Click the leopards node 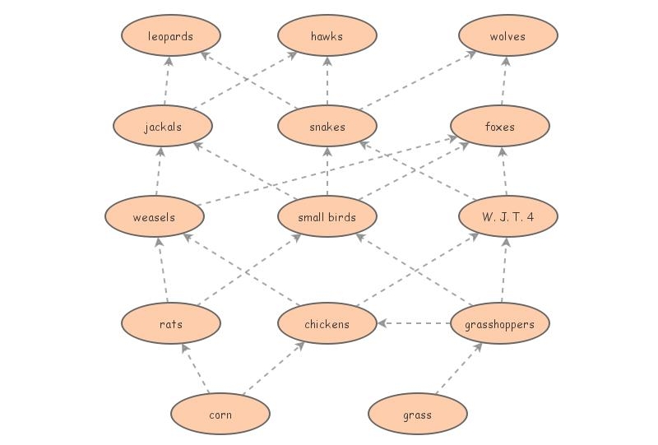[171, 36]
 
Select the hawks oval [327, 36]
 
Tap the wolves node [508, 36]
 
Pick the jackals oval [163, 127]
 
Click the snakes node [327, 127]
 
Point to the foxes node [500, 127]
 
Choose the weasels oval [155, 217]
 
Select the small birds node [327, 217]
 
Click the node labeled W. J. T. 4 [508, 217]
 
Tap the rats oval [171, 324]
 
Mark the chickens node [327, 324]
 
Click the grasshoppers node [500, 324]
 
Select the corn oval [220, 415]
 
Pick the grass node [418, 415]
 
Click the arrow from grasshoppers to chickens [414, 324]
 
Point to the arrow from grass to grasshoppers [457, 369]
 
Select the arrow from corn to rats [197, 370]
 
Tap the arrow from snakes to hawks [327, 81]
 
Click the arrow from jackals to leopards [167, 81]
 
